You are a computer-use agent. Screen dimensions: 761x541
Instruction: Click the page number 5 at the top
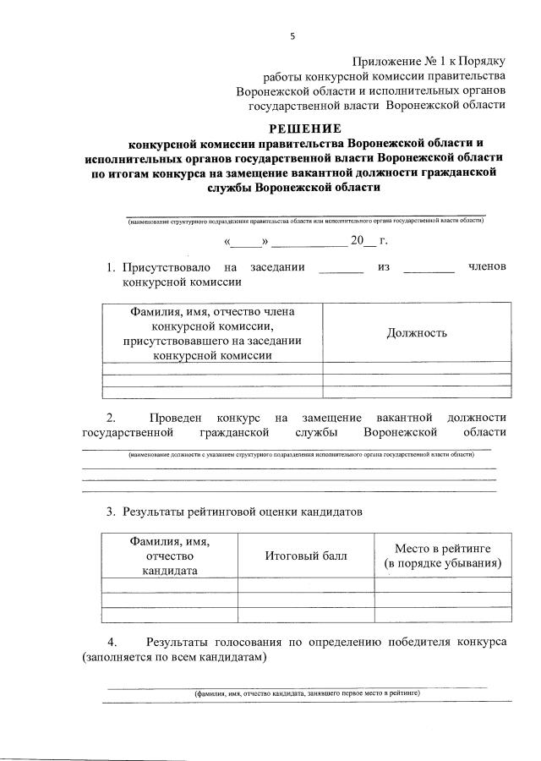tap(292, 36)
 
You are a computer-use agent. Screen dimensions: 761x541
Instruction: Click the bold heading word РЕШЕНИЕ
tap(305, 129)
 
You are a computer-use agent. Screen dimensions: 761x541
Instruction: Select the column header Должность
tap(417, 332)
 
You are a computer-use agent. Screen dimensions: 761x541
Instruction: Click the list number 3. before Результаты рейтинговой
tap(111, 512)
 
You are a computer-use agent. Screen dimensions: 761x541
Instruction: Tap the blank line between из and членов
tap(429, 271)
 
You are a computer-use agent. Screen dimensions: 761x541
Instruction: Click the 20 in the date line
tap(357, 242)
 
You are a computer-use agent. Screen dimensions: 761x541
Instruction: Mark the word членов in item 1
tap(487, 268)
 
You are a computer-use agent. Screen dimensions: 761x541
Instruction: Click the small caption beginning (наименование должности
tap(301, 454)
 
